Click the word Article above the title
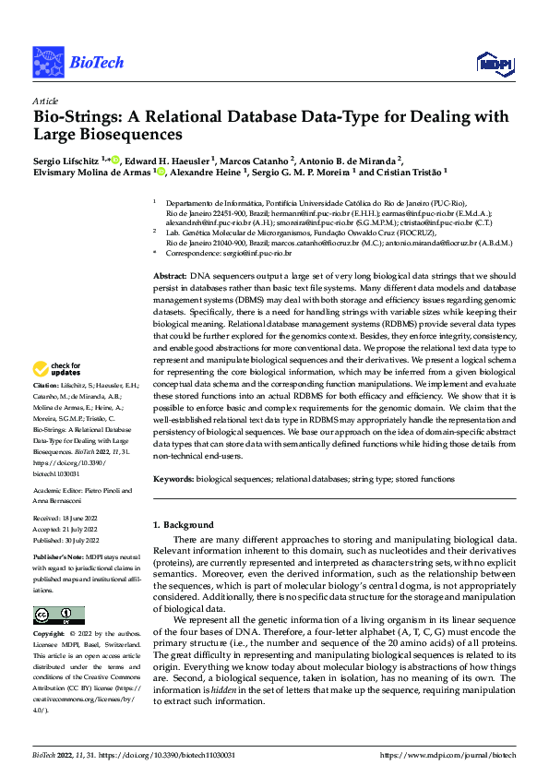point(45,101)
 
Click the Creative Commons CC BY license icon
point(58,616)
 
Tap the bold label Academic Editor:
point(58,491)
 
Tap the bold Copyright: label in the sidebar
point(50,635)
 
